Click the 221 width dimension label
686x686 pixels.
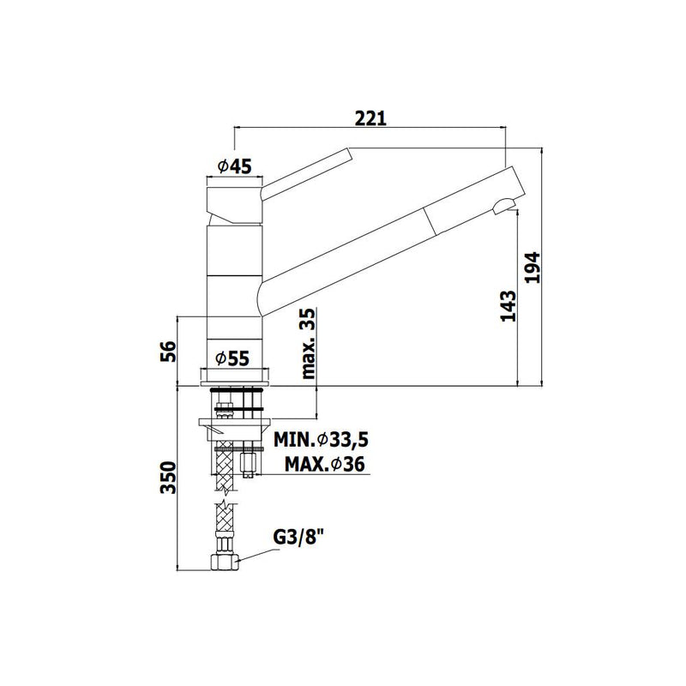click(x=370, y=118)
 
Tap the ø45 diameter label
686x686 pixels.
click(x=234, y=166)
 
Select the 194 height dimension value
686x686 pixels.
click(x=533, y=268)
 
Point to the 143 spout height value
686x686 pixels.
click(x=508, y=306)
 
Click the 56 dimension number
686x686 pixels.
click(x=168, y=352)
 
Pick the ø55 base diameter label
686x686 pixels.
click(x=232, y=358)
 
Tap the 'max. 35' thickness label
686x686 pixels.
click(x=308, y=344)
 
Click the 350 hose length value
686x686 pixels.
click(x=168, y=478)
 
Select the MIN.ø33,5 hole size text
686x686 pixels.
click(x=321, y=439)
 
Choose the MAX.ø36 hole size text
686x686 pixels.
click(x=325, y=464)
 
